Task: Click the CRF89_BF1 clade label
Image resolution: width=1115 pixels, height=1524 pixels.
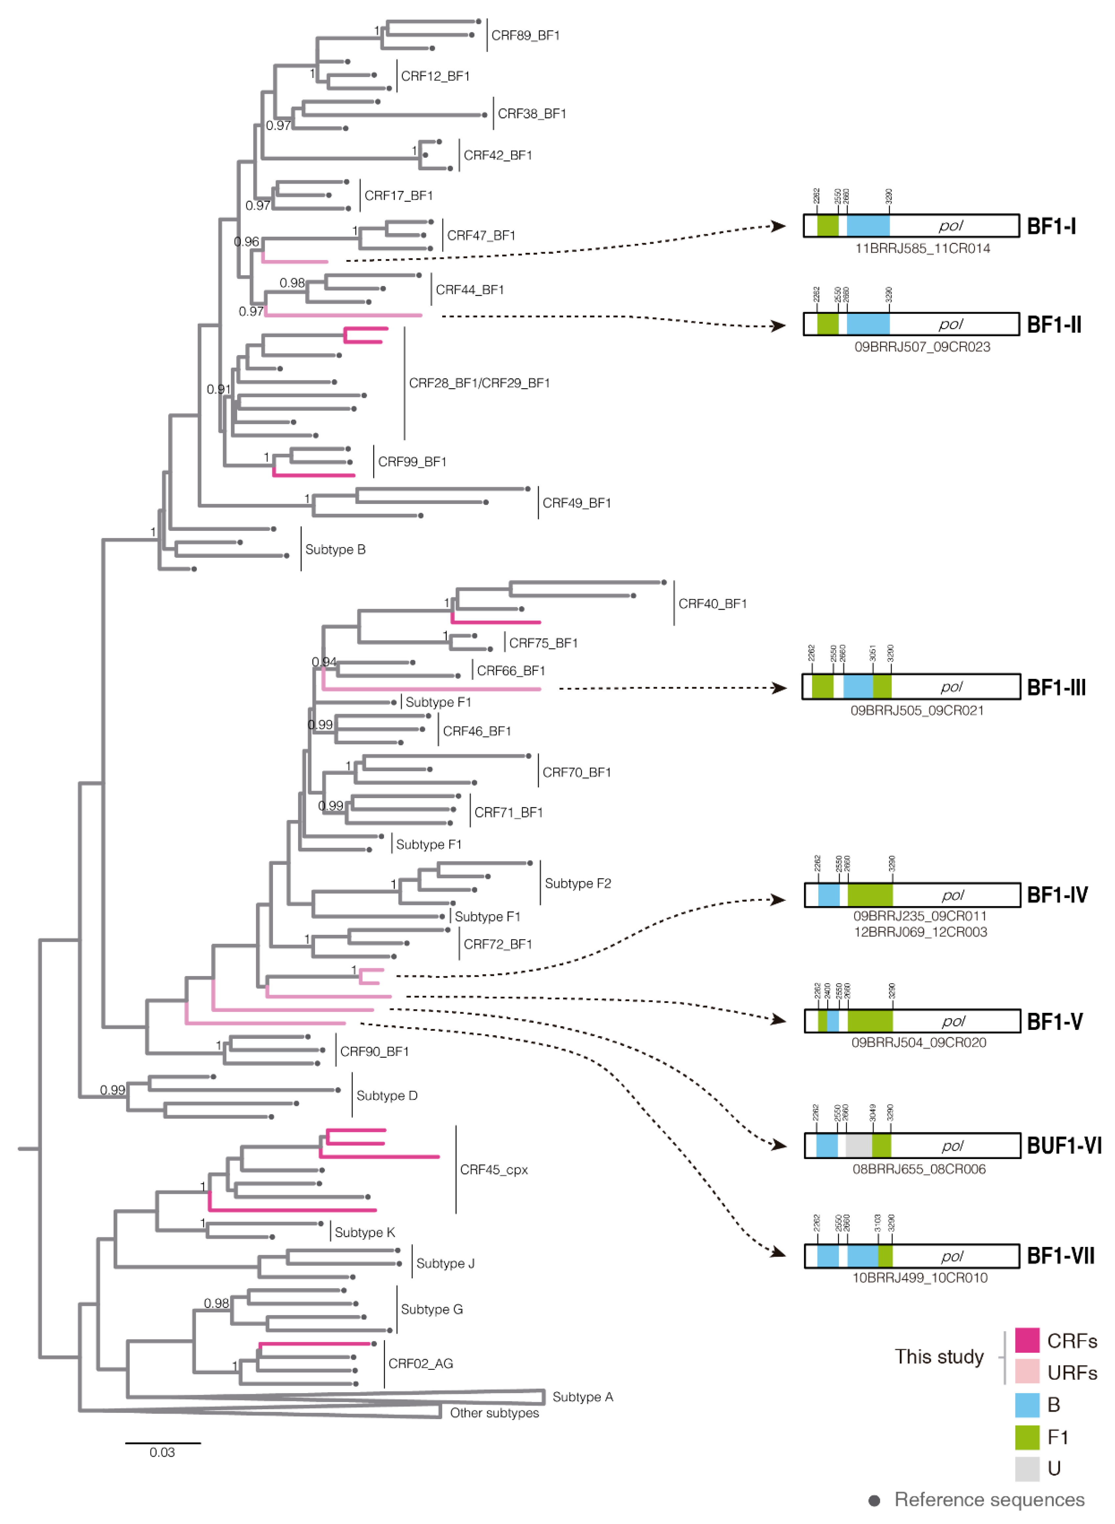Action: (x=525, y=35)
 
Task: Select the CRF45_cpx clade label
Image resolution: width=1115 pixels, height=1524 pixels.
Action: (x=493, y=1170)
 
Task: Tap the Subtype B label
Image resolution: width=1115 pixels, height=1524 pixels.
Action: (x=335, y=550)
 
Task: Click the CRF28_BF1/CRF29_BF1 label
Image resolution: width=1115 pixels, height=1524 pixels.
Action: (x=479, y=383)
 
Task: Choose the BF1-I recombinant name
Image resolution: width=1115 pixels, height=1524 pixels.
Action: (x=1051, y=226)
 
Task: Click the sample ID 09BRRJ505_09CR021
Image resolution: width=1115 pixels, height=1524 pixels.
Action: (x=917, y=710)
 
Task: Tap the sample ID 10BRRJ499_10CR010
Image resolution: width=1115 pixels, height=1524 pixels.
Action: (x=919, y=1277)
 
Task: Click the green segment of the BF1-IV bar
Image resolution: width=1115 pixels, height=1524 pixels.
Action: (x=870, y=895)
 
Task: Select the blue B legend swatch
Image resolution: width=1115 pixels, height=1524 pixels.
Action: (x=1027, y=1404)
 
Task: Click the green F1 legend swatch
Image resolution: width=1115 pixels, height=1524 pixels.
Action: (x=1027, y=1437)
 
